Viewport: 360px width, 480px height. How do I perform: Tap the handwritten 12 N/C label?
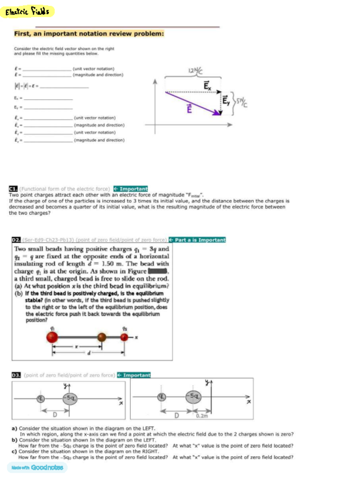click(x=195, y=70)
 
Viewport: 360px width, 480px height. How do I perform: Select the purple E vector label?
click(x=189, y=109)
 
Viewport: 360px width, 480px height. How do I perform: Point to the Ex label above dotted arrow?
click(x=207, y=85)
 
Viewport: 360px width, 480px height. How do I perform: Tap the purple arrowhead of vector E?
click(x=217, y=112)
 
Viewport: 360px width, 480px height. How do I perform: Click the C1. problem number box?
click(x=13, y=189)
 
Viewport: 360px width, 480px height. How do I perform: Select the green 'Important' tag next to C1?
click(x=131, y=189)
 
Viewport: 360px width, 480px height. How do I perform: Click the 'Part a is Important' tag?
click(x=197, y=240)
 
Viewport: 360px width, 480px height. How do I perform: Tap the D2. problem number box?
click(x=16, y=240)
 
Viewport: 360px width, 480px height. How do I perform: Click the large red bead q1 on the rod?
click(x=52, y=337)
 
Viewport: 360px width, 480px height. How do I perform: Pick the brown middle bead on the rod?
click(x=102, y=337)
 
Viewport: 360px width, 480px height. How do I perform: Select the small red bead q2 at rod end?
click(x=124, y=337)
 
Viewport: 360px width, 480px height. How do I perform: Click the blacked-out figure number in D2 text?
click(x=157, y=271)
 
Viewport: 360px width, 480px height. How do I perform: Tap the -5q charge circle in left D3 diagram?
click(x=70, y=398)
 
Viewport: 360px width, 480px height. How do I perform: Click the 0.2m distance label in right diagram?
click(x=202, y=416)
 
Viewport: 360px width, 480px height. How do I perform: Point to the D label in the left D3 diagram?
click(x=55, y=415)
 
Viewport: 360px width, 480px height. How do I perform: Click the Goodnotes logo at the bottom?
click(x=37, y=467)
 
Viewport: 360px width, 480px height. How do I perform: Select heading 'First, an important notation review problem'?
click(x=89, y=34)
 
